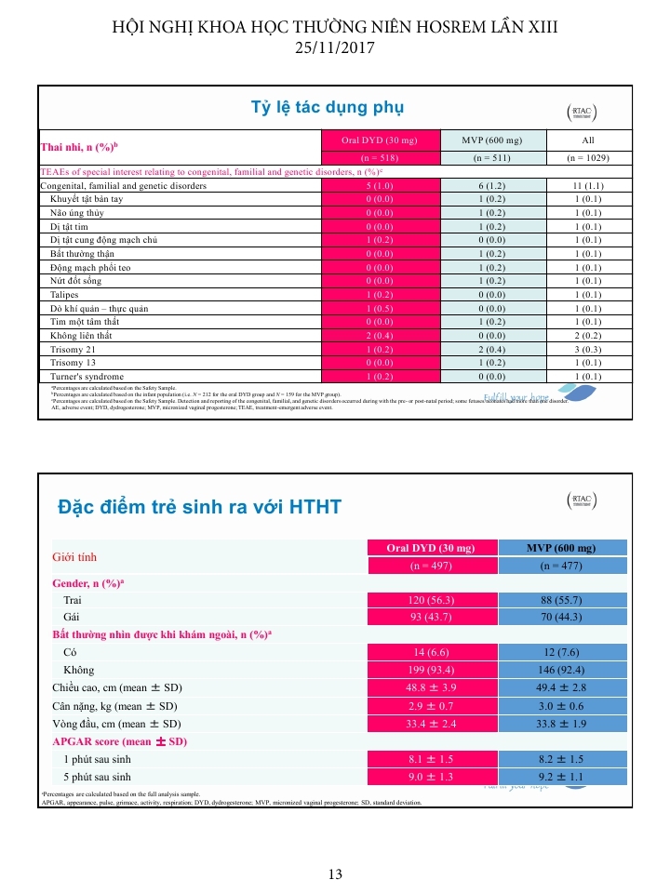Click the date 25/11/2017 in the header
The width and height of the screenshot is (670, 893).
(x=335, y=47)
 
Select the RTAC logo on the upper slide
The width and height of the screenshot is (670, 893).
(x=582, y=112)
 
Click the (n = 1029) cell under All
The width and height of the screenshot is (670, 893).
(x=587, y=158)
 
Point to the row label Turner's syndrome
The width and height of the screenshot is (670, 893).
(x=86, y=376)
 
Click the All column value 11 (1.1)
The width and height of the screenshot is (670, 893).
(x=587, y=186)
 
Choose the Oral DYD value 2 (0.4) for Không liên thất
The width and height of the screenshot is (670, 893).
(x=379, y=335)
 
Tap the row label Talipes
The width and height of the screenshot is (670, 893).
(x=65, y=295)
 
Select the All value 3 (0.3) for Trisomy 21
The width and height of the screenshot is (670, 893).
(x=587, y=349)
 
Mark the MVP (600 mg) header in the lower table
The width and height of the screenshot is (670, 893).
(x=562, y=547)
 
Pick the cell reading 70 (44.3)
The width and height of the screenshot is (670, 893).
(x=562, y=617)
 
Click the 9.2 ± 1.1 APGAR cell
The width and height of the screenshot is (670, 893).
(x=562, y=777)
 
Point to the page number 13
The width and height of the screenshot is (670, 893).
(x=335, y=873)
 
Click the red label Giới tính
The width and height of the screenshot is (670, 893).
(x=74, y=557)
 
